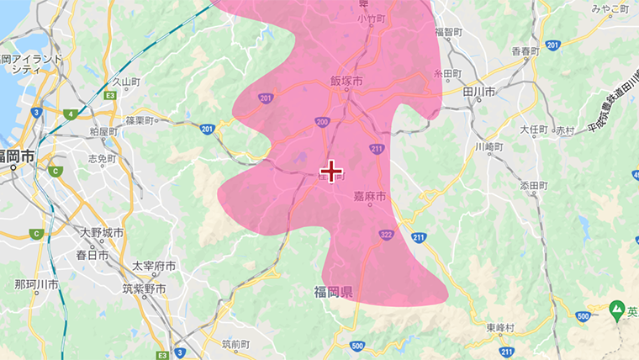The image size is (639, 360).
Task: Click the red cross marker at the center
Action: [332, 171]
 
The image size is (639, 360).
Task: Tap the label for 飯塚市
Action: [346, 82]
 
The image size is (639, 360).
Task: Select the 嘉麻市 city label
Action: [369, 196]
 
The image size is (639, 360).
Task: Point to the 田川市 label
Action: [478, 91]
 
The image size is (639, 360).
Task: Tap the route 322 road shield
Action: [386, 235]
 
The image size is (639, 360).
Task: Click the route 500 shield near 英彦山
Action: [584, 316]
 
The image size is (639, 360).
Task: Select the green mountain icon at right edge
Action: [617, 310]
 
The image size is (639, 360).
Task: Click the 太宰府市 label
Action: [154, 266]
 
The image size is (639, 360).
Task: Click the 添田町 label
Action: [534, 185]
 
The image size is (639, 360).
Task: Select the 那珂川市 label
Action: [36, 286]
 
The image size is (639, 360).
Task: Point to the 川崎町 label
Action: [488, 146]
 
